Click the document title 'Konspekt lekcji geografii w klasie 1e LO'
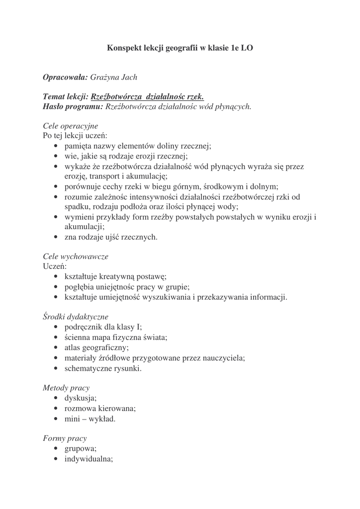coord(180,48)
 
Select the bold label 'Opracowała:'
coord(66,78)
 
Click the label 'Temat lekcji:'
coord(66,97)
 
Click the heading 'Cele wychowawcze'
coord(76,257)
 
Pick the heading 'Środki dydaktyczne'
coord(76,317)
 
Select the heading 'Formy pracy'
coord(65,438)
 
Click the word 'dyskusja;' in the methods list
coord(81,398)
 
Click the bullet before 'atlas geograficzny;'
coord(55,348)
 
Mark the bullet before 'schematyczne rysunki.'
coord(55,368)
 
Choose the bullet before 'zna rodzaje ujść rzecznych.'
coord(55,237)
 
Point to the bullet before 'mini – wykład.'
coord(55,419)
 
